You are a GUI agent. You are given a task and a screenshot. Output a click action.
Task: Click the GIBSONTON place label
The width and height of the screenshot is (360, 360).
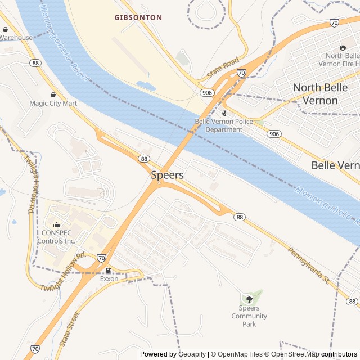coord(138,17)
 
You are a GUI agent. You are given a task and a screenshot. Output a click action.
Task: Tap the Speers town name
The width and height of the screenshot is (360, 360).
coord(167,175)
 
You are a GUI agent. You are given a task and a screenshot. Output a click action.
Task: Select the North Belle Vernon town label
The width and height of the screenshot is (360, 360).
coord(323,94)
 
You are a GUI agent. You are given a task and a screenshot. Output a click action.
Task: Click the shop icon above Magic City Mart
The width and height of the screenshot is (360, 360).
coord(53,94)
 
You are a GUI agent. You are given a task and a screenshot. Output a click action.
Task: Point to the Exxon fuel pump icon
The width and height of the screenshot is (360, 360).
coord(109,270)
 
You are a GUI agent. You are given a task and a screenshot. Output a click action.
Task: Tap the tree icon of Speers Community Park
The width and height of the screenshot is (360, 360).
coord(249,299)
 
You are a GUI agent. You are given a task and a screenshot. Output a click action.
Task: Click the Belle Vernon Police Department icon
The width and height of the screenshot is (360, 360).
coord(224,112)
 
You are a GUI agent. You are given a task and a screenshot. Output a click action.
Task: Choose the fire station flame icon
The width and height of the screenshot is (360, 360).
coord(343,47)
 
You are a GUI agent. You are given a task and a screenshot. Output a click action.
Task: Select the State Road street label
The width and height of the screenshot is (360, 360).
coord(223,67)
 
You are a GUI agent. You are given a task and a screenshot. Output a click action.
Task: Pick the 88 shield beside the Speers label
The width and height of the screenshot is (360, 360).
coord(145,159)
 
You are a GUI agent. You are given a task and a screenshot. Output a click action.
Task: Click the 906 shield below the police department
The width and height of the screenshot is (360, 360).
coord(274,134)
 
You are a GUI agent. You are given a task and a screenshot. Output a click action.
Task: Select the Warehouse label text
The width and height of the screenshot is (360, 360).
coord(16,38)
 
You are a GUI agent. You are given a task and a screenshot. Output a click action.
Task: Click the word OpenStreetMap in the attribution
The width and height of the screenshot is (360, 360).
coord(291,354)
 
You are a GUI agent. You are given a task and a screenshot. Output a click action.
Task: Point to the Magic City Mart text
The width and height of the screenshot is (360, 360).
coord(53,103)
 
